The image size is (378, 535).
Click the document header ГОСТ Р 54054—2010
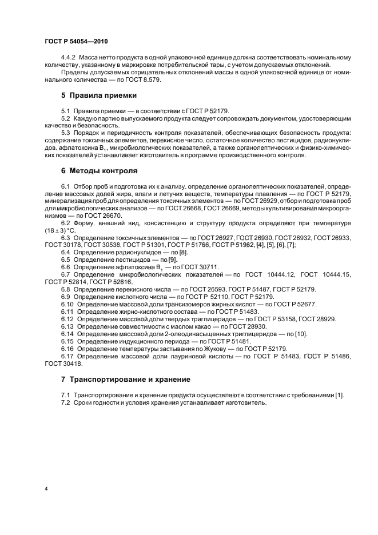(76, 42)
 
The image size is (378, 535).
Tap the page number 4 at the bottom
(46, 489)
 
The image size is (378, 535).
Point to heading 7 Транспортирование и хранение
(126, 379)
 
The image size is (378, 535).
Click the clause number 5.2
(66, 117)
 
